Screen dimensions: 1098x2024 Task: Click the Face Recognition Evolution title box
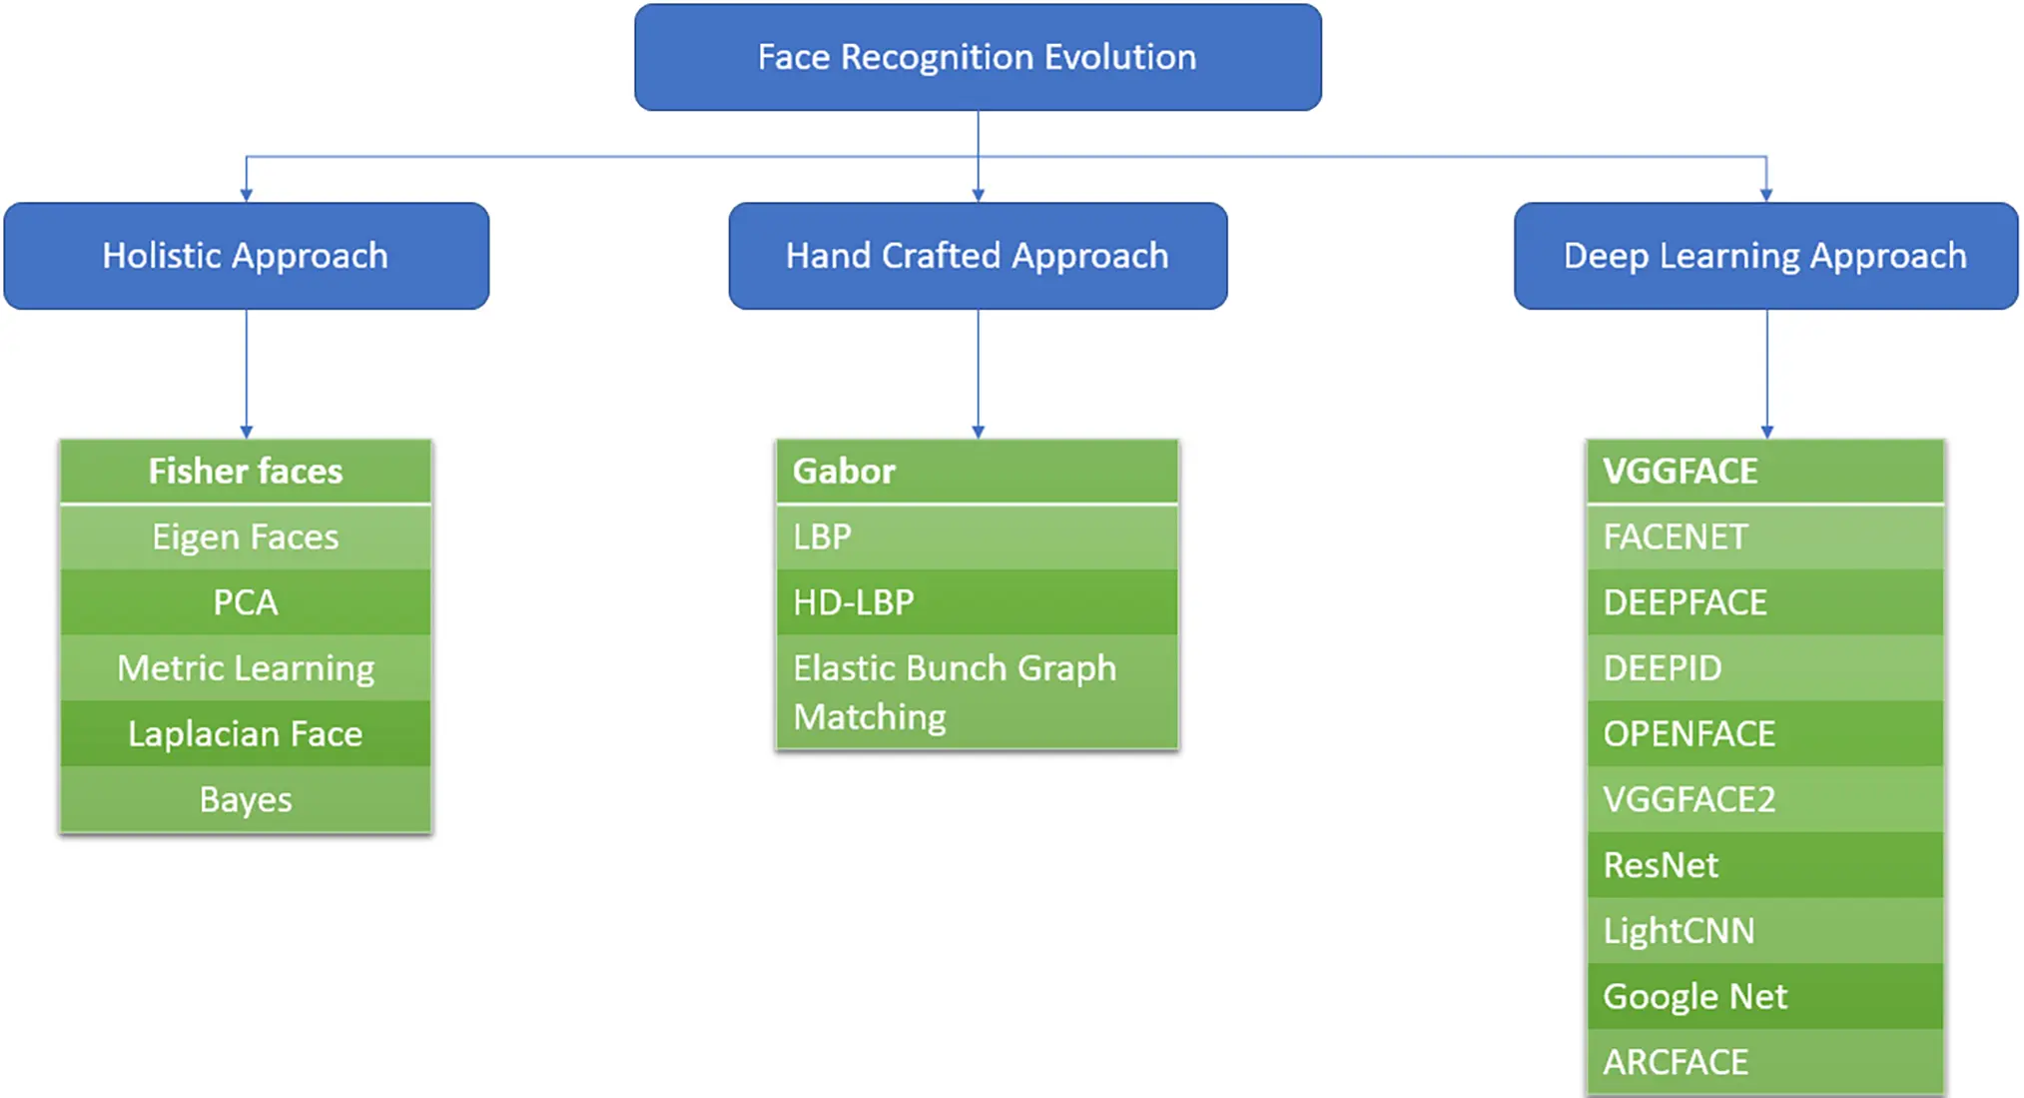coord(978,57)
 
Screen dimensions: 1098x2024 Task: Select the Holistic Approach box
coord(246,256)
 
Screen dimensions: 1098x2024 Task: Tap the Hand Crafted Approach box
coord(978,256)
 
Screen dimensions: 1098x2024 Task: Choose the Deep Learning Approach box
coord(1765,256)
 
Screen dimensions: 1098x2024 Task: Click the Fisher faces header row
coord(246,471)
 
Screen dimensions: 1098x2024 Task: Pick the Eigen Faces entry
coord(246,537)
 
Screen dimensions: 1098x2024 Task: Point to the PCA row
coord(246,602)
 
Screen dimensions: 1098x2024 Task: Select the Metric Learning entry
coord(246,667)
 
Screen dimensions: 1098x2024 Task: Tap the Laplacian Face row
coord(246,733)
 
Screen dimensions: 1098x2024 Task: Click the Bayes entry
coord(246,799)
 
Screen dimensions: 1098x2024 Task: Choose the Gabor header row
coord(978,471)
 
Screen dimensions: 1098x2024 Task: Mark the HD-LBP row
coord(978,602)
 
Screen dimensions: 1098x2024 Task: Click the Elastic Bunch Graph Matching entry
coord(978,691)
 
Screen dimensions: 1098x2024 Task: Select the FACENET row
coord(1765,537)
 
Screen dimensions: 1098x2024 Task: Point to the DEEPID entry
coord(1765,667)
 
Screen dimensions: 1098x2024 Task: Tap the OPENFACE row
coord(1765,733)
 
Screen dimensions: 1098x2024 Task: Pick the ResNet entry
coord(1765,864)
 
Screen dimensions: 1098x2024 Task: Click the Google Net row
coord(1765,996)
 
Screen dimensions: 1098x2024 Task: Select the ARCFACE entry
coord(1765,1061)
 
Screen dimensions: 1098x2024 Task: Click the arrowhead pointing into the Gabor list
coord(978,432)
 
